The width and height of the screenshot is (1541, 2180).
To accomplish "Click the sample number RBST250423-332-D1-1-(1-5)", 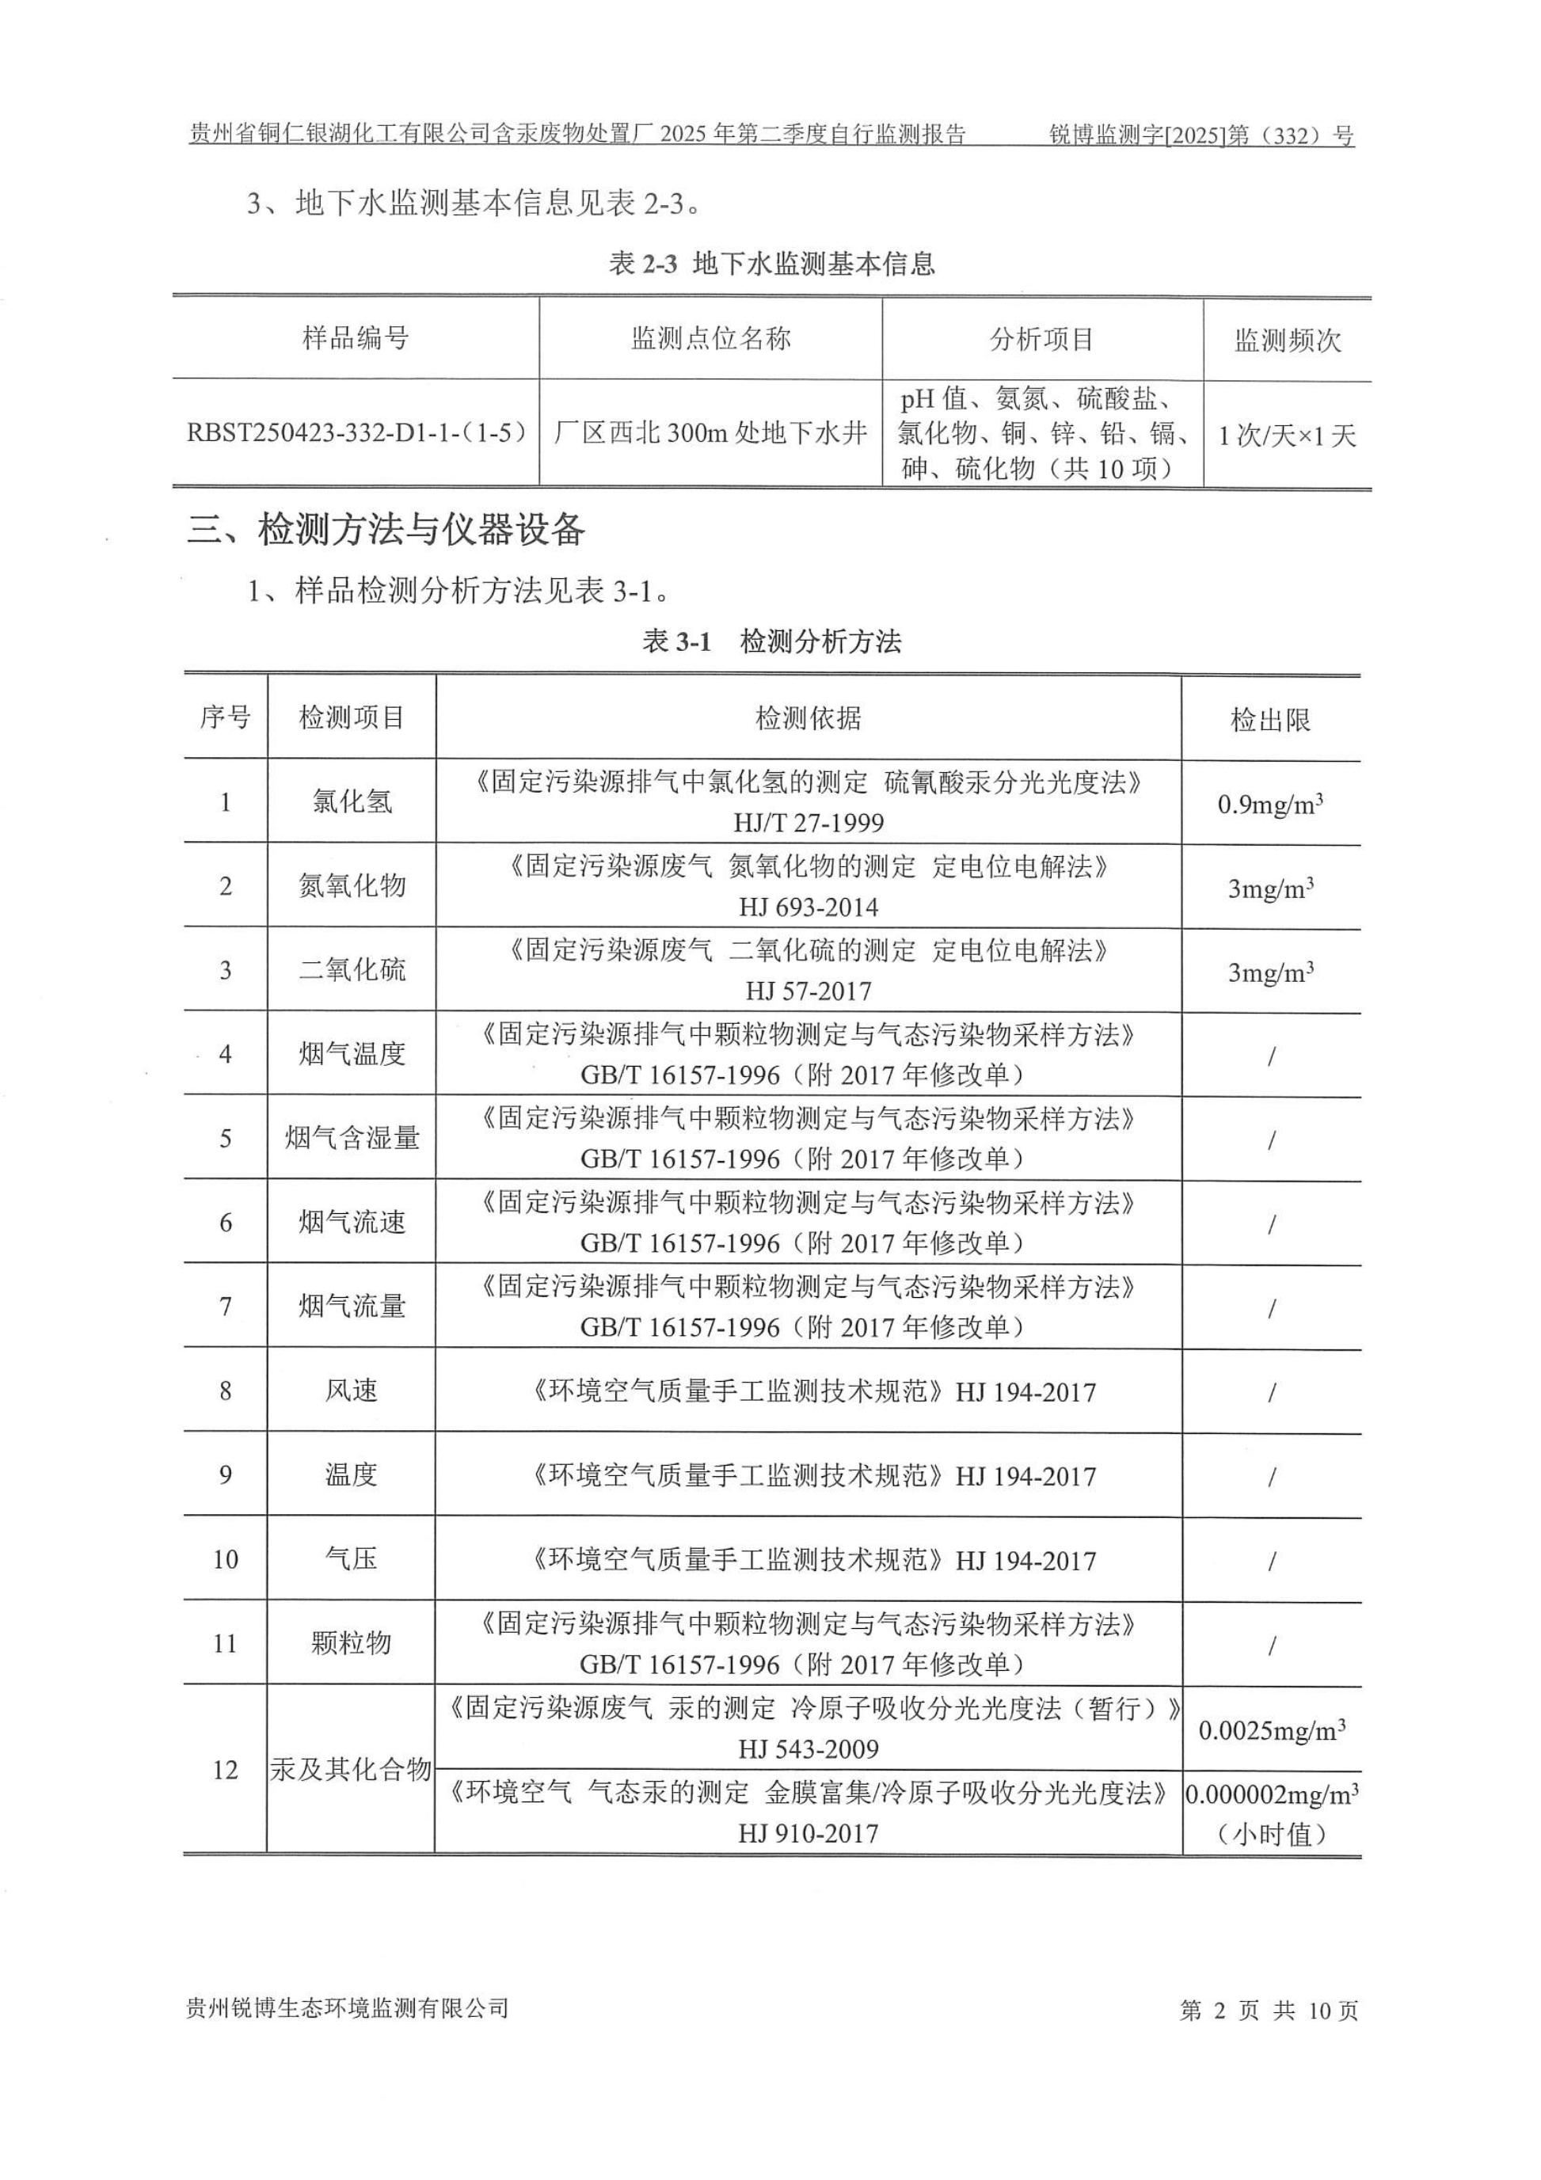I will [x=356, y=434].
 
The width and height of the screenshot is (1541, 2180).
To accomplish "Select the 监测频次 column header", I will [x=1287, y=340].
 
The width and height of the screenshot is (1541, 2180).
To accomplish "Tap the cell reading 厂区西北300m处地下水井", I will [x=710, y=434].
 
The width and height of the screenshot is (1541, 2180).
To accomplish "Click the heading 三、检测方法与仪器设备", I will [x=386, y=530].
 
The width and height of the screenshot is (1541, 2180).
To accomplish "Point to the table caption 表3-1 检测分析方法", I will [x=771, y=642].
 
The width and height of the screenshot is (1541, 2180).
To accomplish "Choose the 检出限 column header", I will [x=1269, y=720].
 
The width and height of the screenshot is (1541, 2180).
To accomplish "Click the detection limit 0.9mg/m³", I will [x=1269, y=805].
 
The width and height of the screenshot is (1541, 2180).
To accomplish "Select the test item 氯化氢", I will [x=352, y=801].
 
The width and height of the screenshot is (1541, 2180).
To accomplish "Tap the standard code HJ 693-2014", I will [x=808, y=907].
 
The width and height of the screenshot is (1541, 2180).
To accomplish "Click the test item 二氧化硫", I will [x=352, y=969].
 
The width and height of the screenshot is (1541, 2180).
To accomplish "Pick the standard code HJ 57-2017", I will [x=808, y=991].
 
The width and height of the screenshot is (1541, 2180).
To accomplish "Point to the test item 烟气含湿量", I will [x=352, y=1137].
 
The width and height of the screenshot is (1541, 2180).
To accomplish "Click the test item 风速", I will [x=352, y=1391].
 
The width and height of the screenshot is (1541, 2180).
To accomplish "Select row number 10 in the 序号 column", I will [x=225, y=1559].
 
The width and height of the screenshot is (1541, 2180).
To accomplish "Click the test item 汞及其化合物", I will [x=352, y=1769].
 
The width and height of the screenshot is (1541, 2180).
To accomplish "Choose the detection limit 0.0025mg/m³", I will [x=1270, y=1731].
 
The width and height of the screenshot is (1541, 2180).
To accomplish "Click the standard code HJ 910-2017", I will [x=808, y=1833].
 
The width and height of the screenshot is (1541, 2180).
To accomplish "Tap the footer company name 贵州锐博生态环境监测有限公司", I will [x=348, y=2008].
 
